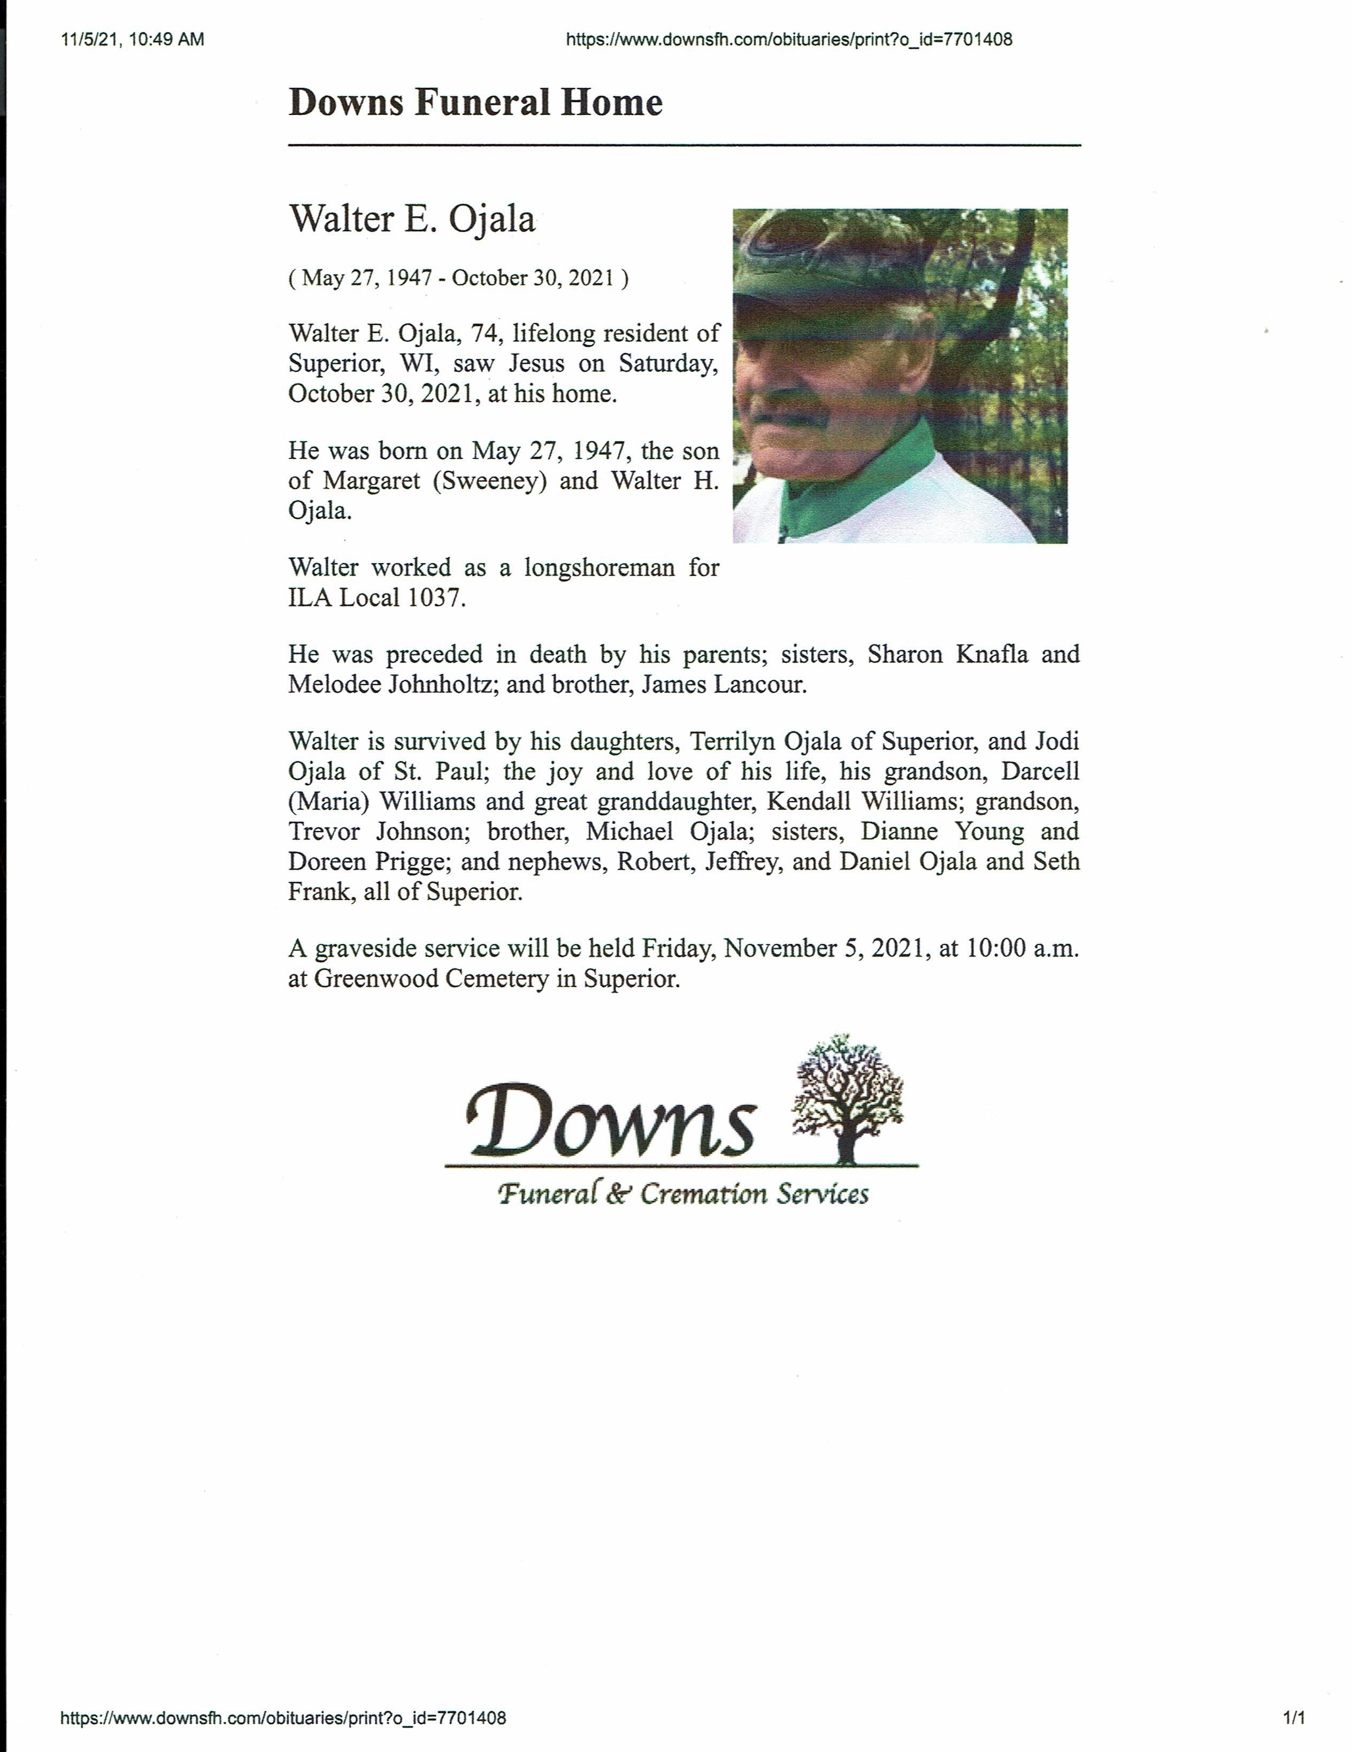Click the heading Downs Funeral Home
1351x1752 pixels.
click(x=475, y=103)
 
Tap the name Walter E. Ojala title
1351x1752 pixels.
click(x=412, y=219)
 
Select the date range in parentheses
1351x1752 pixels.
click(x=458, y=278)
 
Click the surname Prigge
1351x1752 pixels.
click(x=409, y=862)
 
